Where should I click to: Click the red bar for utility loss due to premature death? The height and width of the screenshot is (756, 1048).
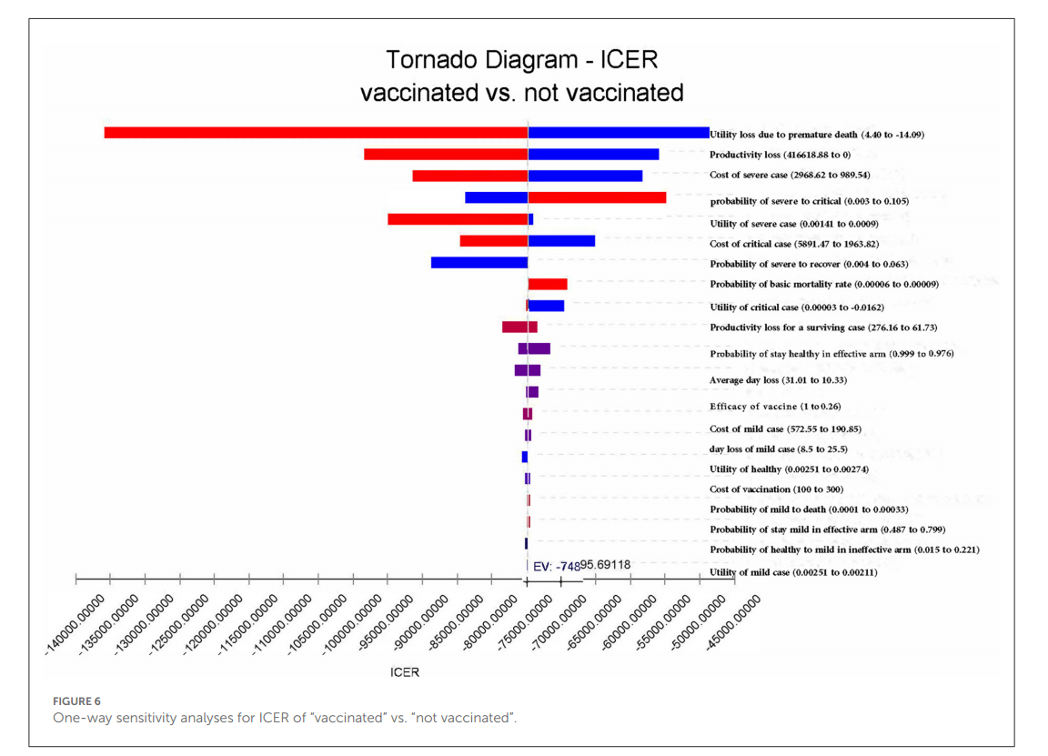tap(316, 133)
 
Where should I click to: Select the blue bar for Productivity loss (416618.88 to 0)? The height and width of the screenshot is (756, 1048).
tap(593, 155)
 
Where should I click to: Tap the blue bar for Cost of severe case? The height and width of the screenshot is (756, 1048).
tap(585, 176)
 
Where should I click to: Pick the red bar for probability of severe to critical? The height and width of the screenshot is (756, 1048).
tap(597, 197)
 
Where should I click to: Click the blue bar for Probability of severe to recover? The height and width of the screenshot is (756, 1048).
tap(479, 263)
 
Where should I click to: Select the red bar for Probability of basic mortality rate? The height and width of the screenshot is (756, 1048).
tap(548, 285)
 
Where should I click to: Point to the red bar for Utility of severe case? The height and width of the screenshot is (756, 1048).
tap(458, 219)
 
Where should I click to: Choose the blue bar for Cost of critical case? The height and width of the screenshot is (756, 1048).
tap(561, 241)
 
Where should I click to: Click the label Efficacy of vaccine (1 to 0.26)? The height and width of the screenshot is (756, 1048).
tap(772, 407)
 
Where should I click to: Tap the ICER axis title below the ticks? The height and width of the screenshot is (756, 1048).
tap(404, 673)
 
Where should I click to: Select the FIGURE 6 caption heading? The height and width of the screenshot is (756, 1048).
tap(76, 701)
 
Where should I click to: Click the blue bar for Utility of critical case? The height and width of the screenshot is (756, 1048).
tap(546, 307)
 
